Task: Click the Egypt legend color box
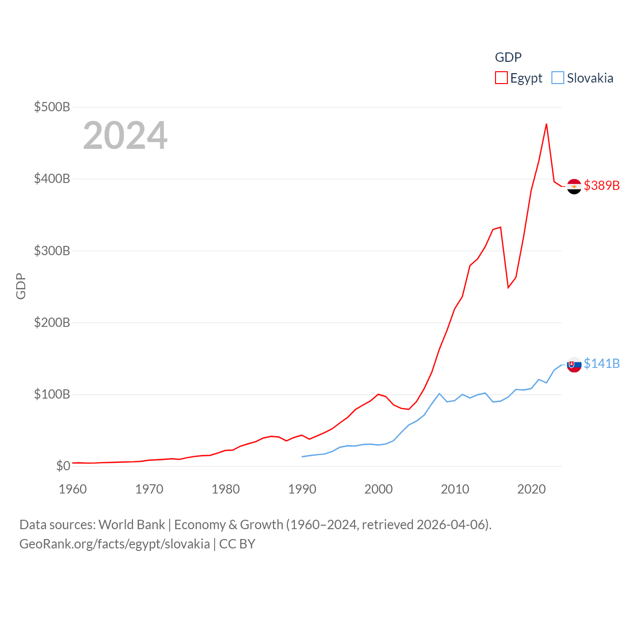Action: (x=501, y=78)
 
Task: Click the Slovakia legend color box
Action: (x=557, y=78)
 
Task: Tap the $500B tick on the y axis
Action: (x=52, y=107)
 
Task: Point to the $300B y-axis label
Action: (x=52, y=251)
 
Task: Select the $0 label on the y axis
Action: (x=63, y=466)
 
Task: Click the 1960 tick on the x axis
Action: (x=73, y=489)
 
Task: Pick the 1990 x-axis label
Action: (x=302, y=489)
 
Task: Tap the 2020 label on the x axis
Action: (x=532, y=489)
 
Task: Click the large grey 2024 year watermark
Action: (x=125, y=136)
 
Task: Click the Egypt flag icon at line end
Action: (x=574, y=186)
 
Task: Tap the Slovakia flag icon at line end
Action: (x=574, y=365)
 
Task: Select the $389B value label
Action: (x=601, y=185)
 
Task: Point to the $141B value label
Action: (x=601, y=363)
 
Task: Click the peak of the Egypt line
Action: (x=546, y=124)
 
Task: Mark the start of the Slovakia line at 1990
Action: (x=302, y=456)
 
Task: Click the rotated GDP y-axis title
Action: (x=21, y=286)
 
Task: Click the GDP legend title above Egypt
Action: (x=508, y=57)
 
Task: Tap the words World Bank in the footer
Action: (x=132, y=525)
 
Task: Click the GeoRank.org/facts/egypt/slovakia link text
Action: (x=115, y=544)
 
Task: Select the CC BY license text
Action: (x=237, y=544)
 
